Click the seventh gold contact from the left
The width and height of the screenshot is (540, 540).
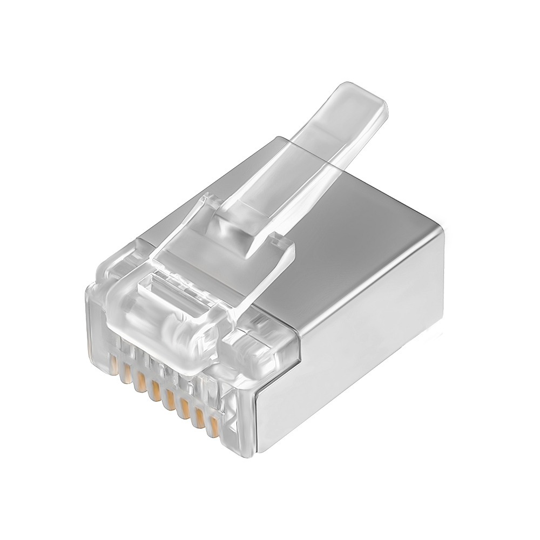coord(201,420)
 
